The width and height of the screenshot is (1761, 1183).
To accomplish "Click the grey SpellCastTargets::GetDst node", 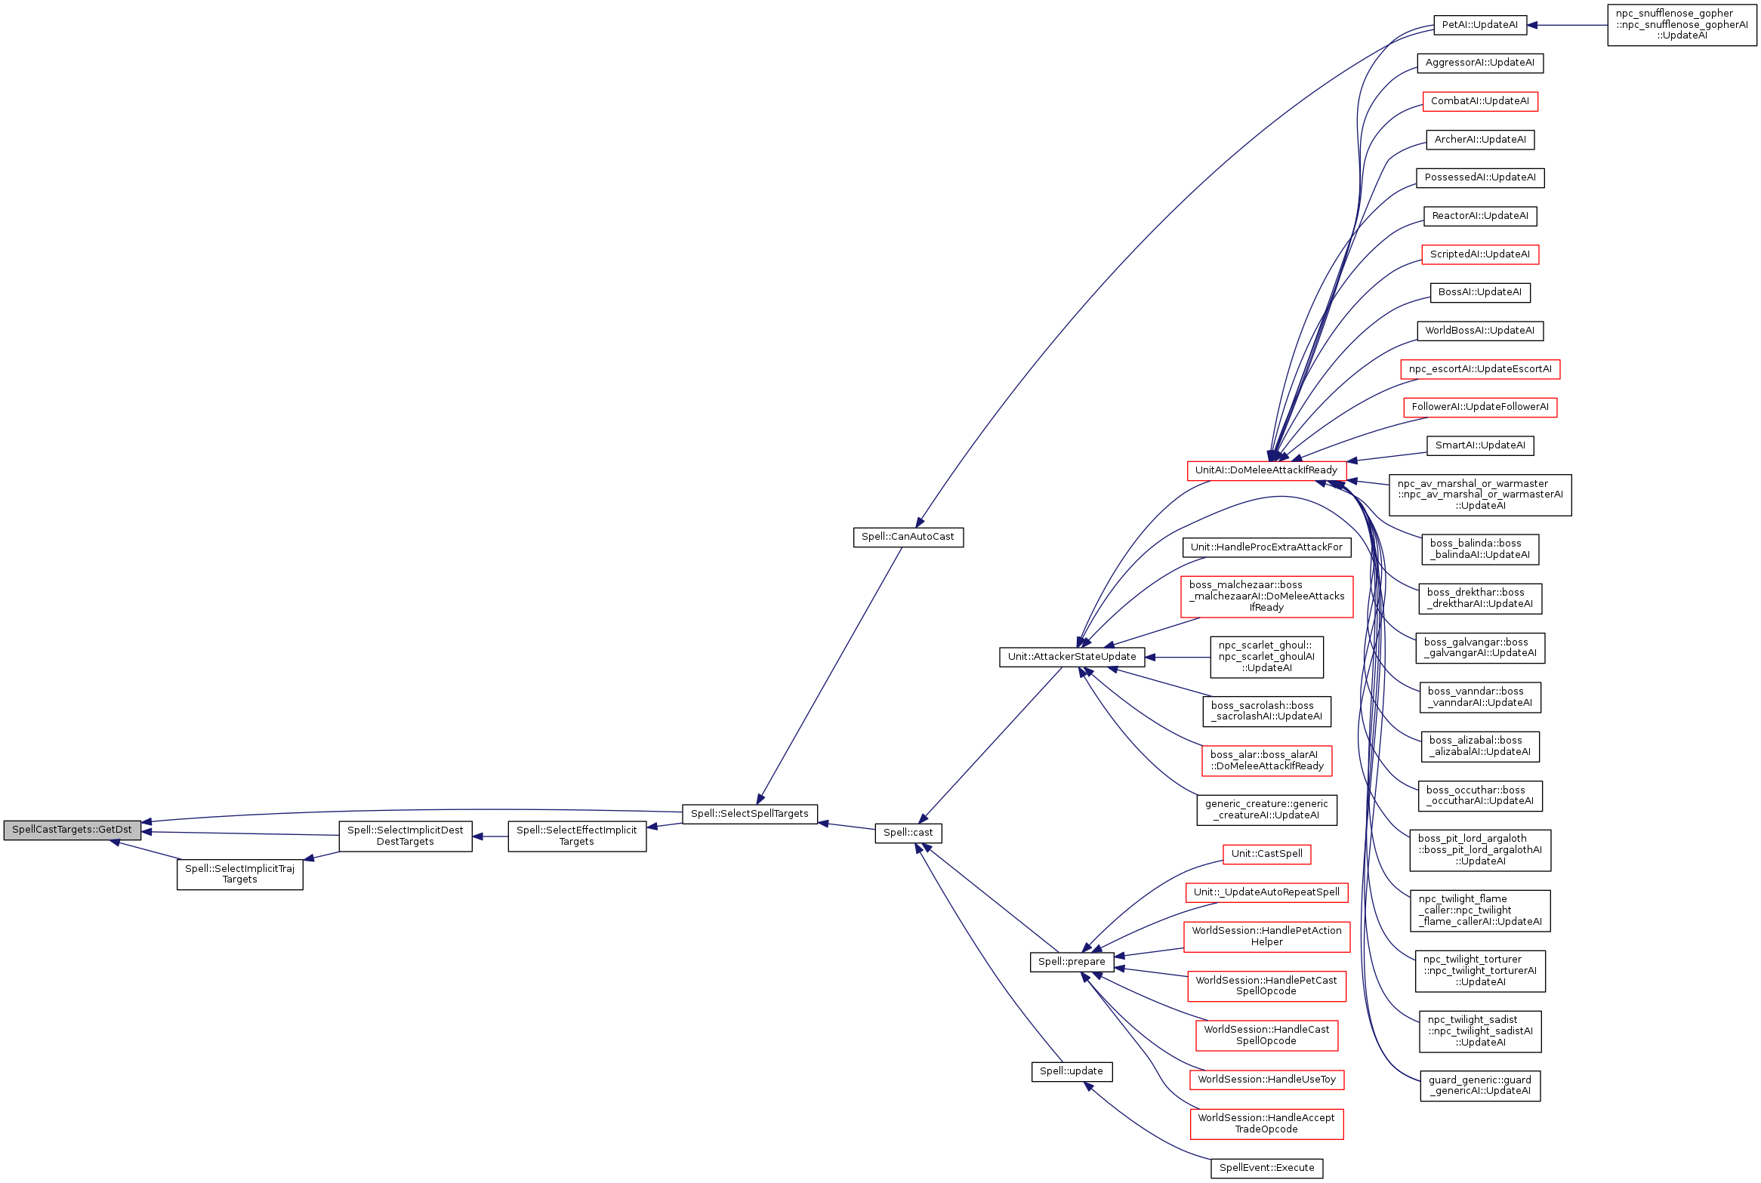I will tap(72, 830).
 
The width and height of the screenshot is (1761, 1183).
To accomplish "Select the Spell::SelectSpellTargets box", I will tap(749, 814).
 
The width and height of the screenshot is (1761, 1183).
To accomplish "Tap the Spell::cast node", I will tap(908, 833).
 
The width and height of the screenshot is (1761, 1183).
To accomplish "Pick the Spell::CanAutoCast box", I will tap(908, 537).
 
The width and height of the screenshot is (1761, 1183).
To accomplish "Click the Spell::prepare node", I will tap(1071, 962).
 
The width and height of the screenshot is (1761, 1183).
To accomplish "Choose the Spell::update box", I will tap(1071, 1071).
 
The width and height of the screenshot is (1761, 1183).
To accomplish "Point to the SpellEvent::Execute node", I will tap(1266, 1168).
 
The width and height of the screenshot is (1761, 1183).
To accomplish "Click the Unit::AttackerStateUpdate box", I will tap(1072, 657).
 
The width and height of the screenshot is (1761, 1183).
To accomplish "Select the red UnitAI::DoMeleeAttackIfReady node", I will tap(1266, 470).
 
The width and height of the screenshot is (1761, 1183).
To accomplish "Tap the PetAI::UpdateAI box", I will tap(1479, 25).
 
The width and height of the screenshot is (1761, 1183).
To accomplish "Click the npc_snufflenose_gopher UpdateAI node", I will tap(1682, 25).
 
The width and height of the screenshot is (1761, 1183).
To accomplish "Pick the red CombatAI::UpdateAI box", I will tap(1479, 101).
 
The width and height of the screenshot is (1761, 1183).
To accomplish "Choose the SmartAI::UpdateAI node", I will tap(1479, 445).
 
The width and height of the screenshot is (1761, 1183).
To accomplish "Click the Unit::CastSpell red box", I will tap(1266, 854).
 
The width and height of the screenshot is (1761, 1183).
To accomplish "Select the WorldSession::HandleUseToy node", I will tap(1266, 1080).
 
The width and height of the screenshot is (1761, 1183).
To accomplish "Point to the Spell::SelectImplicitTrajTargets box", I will tap(239, 874).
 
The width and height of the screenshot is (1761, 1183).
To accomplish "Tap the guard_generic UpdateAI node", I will tap(1479, 1086).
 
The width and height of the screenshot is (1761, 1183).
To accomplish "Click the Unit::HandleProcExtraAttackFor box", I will tap(1266, 547).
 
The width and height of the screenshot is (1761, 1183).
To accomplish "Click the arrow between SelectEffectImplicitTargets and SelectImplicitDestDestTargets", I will tap(490, 836).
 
